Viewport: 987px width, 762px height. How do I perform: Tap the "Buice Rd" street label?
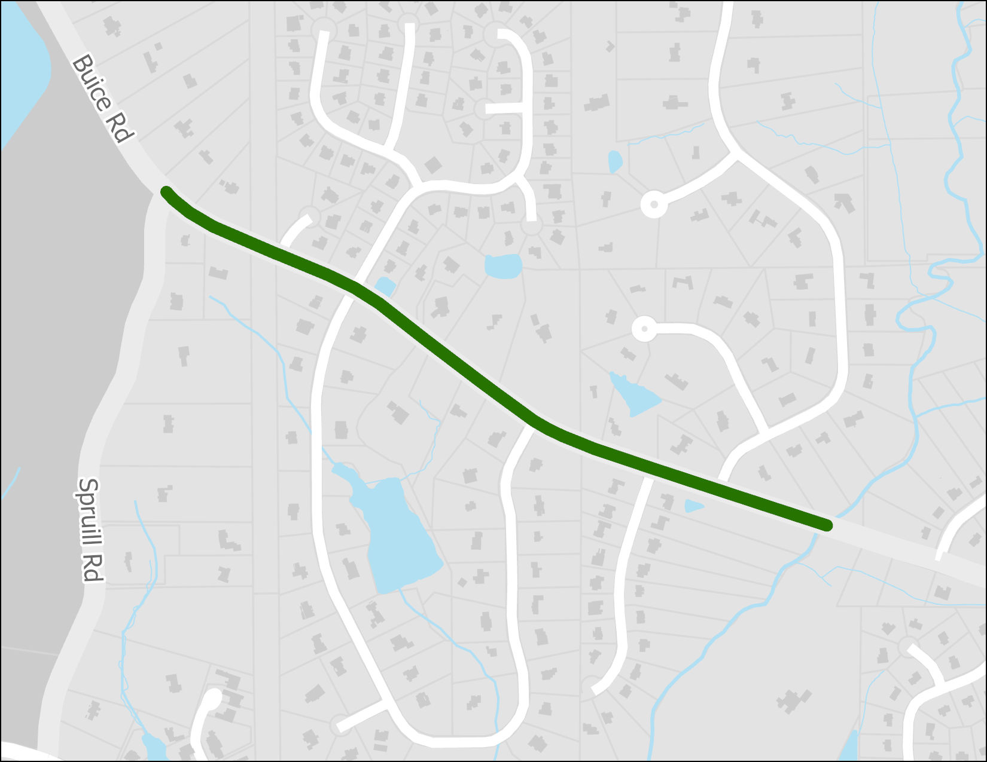coord(100,99)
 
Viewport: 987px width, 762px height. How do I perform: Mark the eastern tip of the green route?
coord(827,525)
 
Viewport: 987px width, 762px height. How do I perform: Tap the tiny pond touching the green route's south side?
coord(694,506)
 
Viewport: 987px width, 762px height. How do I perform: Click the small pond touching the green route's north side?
coord(385,286)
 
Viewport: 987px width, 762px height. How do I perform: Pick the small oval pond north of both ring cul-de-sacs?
coord(615,161)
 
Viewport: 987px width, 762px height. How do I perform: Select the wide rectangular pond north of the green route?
coord(503,266)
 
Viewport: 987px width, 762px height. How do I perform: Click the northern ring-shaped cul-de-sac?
coord(654,205)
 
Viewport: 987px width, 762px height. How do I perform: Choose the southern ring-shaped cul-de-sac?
coord(644,329)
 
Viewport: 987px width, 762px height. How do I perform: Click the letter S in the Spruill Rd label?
coord(89,488)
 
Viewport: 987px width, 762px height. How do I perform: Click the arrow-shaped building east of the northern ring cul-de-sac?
coord(844,203)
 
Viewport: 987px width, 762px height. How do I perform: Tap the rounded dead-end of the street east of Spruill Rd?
coord(213,697)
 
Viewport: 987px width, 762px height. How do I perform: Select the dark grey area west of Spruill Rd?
coord(66,359)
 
